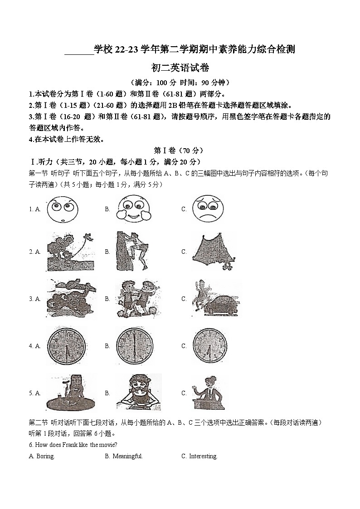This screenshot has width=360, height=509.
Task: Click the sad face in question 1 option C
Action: point(208,209)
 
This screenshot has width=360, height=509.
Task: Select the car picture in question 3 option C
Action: point(215,299)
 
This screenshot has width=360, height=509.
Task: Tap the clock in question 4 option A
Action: point(66,345)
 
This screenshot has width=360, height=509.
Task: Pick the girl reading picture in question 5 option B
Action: point(138,393)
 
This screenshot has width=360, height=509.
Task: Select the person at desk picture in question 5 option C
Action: point(208,393)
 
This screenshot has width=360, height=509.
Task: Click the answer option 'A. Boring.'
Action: point(42,456)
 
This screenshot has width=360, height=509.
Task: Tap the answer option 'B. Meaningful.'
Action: point(124,456)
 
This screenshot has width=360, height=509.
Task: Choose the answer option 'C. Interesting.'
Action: point(199,456)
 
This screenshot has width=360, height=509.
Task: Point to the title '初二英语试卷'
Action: point(180,68)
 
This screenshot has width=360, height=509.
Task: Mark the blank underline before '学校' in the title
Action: point(78,51)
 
